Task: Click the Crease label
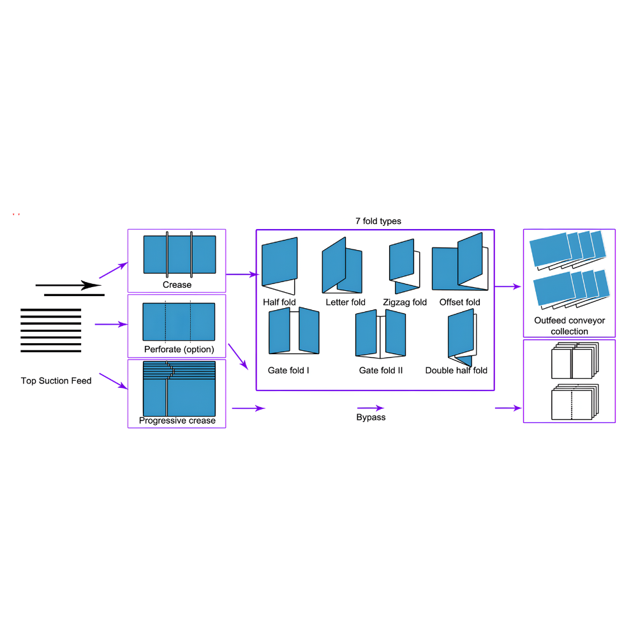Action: point(177,285)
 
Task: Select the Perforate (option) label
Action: point(179,349)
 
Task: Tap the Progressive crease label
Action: point(177,420)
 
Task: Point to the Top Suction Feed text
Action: point(56,381)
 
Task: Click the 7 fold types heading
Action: point(378,221)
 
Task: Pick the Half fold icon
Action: point(279,265)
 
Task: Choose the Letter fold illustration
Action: point(342,265)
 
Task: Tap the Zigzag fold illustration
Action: point(404,266)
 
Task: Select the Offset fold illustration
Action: point(460,262)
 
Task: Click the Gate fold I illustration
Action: point(293,330)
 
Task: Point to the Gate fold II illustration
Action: point(380,334)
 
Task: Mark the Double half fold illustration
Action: point(462,338)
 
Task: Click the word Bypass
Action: point(371,417)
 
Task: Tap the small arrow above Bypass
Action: point(370,408)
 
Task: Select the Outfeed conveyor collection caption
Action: point(569,326)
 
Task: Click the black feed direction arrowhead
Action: point(91,285)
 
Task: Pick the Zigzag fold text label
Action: point(404,302)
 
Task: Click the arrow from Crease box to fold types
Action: point(242,274)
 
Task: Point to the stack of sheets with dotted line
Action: point(575,401)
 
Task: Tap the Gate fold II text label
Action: point(380,370)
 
